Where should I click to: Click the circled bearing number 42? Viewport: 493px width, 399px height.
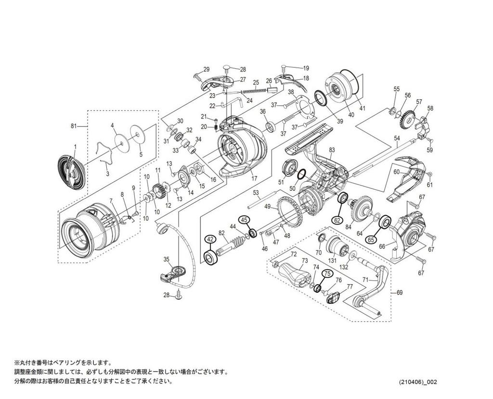tap(209, 239)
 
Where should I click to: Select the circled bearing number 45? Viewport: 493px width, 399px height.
tap(245, 220)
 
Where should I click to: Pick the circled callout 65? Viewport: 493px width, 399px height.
tap(371, 239)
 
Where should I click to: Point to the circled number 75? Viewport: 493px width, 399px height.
tap(327, 273)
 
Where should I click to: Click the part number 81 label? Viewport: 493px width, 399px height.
tap(74, 126)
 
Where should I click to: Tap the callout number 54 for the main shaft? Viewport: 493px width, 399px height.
tap(397, 138)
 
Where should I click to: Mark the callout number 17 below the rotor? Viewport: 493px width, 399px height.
tap(254, 178)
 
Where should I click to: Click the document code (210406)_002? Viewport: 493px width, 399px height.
tap(418, 382)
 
